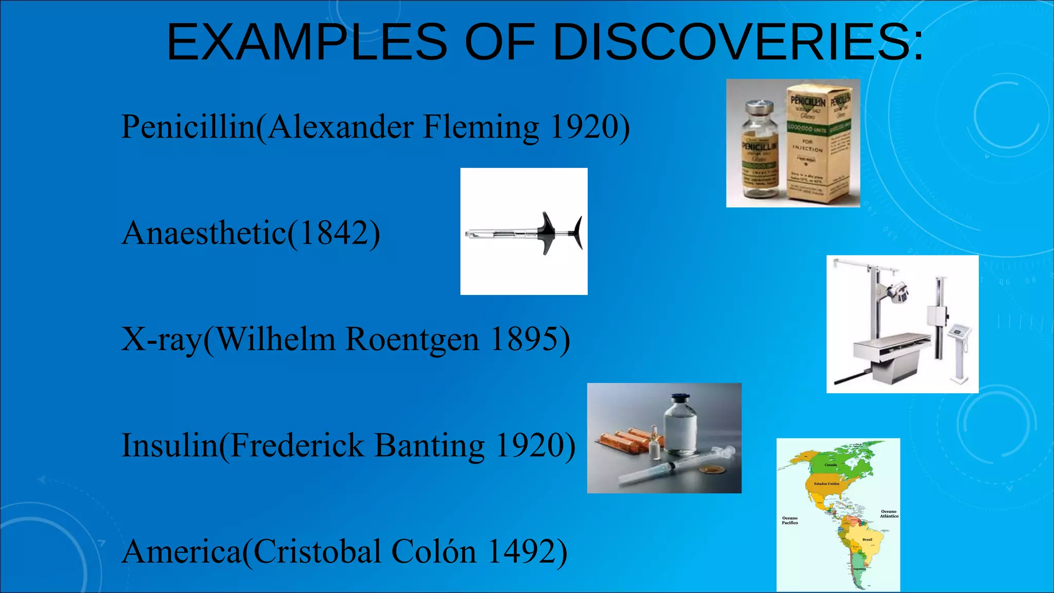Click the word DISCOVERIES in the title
pos(738,42)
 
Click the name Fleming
pos(481,127)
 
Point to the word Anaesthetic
pos(204,233)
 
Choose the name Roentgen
pos(412,340)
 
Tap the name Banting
pos(429,446)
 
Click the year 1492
pos(521,552)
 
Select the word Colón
pos(433,552)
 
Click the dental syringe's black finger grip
pos(547,233)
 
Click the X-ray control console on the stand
pos(958,332)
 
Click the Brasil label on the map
pos(867,539)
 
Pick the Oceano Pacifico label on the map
pos(789,520)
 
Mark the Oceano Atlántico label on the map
pos(889,514)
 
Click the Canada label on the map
pos(831,465)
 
